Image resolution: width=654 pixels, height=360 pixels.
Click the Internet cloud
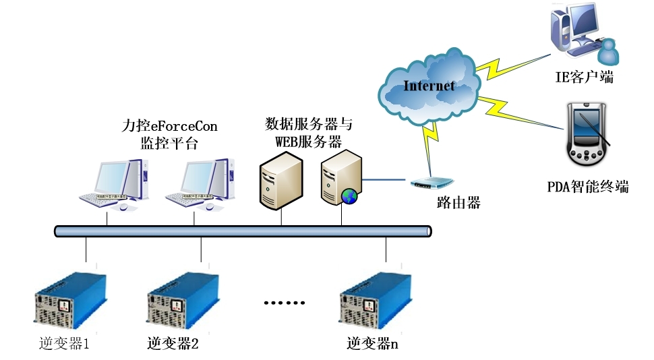click(x=429, y=86)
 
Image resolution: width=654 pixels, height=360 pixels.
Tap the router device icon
click(x=432, y=183)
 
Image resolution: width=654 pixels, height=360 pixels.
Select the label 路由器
click(x=458, y=202)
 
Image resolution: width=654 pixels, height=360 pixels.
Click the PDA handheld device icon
click(x=589, y=137)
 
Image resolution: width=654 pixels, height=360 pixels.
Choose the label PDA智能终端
click(x=587, y=187)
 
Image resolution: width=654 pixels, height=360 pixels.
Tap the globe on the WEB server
click(x=349, y=196)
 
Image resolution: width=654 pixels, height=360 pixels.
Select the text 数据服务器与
click(x=308, y=124)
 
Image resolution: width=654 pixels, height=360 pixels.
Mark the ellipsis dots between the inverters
click(x=285, y=303)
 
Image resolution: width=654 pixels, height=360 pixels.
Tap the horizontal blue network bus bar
click(x=243, y=231)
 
